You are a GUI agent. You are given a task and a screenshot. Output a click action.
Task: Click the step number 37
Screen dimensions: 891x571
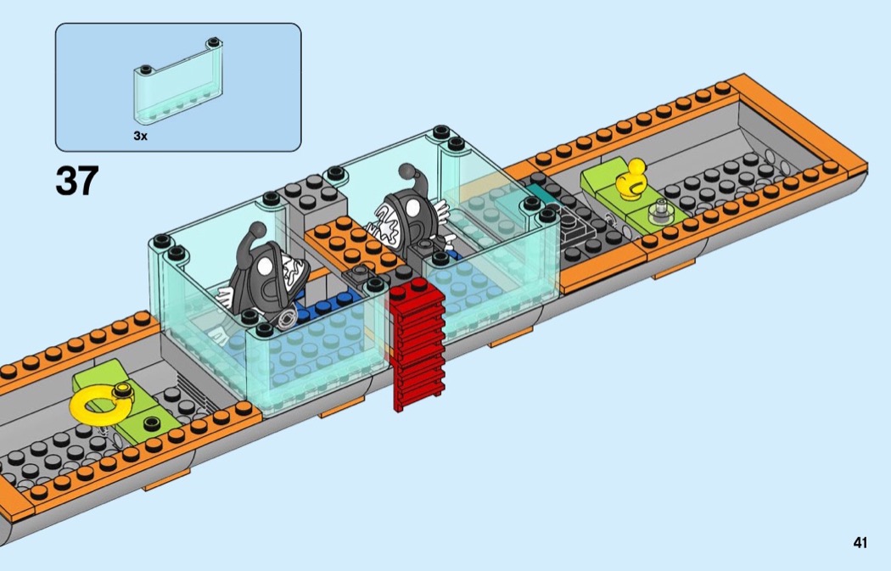[77, 182]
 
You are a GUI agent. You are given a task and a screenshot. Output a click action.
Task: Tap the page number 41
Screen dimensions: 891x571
[860, 543]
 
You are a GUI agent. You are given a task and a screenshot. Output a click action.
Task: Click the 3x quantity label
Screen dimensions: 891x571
[140, 136]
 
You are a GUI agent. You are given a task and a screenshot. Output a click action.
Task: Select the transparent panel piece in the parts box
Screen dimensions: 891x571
[178, 81]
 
